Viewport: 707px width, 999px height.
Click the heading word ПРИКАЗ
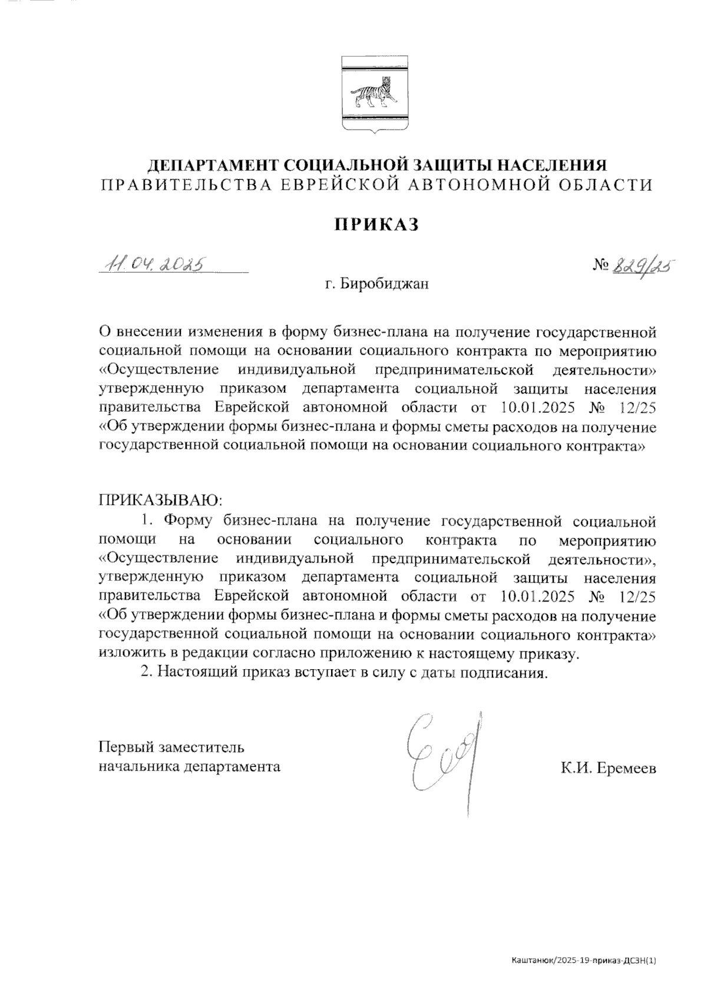[x=376, y=224]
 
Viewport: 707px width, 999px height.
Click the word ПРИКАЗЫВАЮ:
[x=160, y=501]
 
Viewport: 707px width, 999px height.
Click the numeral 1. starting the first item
[x=147, y=520]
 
